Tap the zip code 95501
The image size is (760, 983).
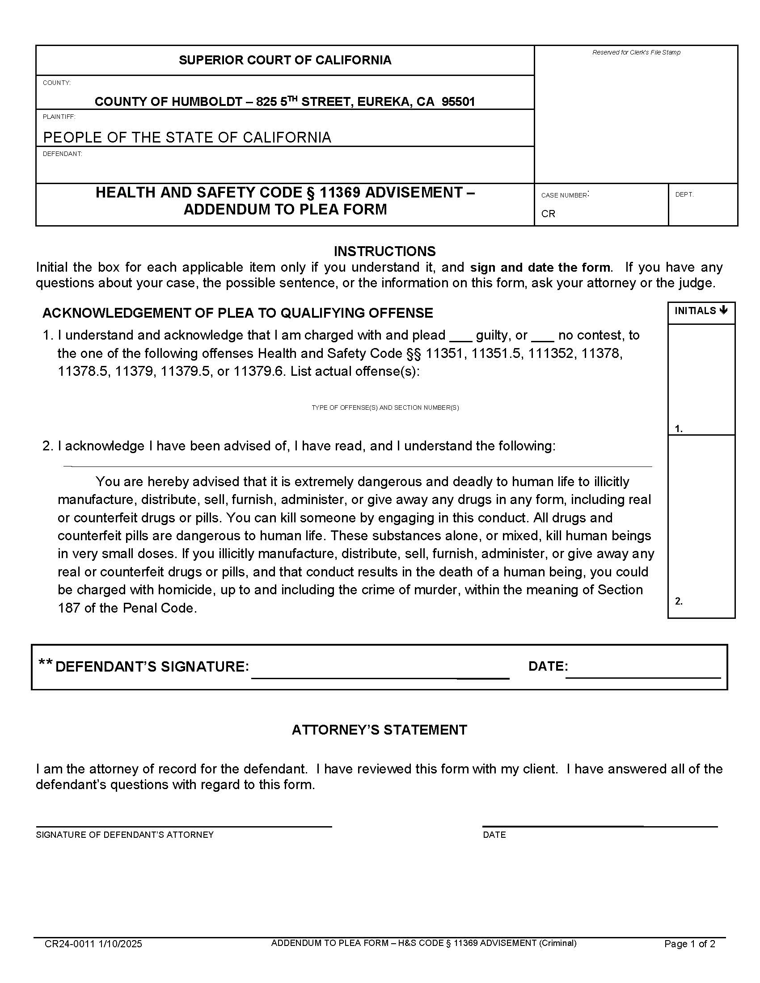pos(458,102)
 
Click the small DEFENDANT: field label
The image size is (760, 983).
pos(62,154)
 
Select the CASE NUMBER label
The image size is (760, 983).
pos(564,195)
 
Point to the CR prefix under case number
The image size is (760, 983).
pos(548,214)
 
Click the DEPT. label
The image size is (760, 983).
pos(684,194)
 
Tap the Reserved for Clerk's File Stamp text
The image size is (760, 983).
pos(636,53)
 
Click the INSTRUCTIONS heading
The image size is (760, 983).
pos(384,251)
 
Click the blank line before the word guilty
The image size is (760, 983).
pos(460,341)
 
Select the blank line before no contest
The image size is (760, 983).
pos(542,341)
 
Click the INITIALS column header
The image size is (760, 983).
pos(701,311)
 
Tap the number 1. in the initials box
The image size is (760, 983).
pos(679,429)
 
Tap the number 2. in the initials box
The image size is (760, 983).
pos(679,601)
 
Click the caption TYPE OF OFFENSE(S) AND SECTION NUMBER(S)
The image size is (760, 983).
pos(385,408)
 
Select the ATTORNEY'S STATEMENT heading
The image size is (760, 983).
pos(379,730)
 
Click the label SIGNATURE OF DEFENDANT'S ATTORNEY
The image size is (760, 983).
pos(125,835)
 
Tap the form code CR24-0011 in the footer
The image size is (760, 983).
pos(69,944)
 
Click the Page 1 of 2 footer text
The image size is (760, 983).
pos(689,944)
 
